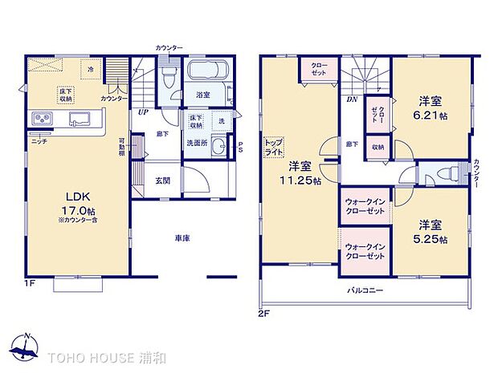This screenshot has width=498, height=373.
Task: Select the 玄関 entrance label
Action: click(163, 180)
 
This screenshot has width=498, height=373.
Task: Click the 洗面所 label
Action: click(197, 143)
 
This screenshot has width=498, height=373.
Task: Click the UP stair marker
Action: click(143, 112)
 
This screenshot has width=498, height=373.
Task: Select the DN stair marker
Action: click(352, 100)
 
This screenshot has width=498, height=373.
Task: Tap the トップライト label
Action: click(273, 147)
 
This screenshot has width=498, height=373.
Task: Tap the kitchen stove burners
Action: click(42, 120)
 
